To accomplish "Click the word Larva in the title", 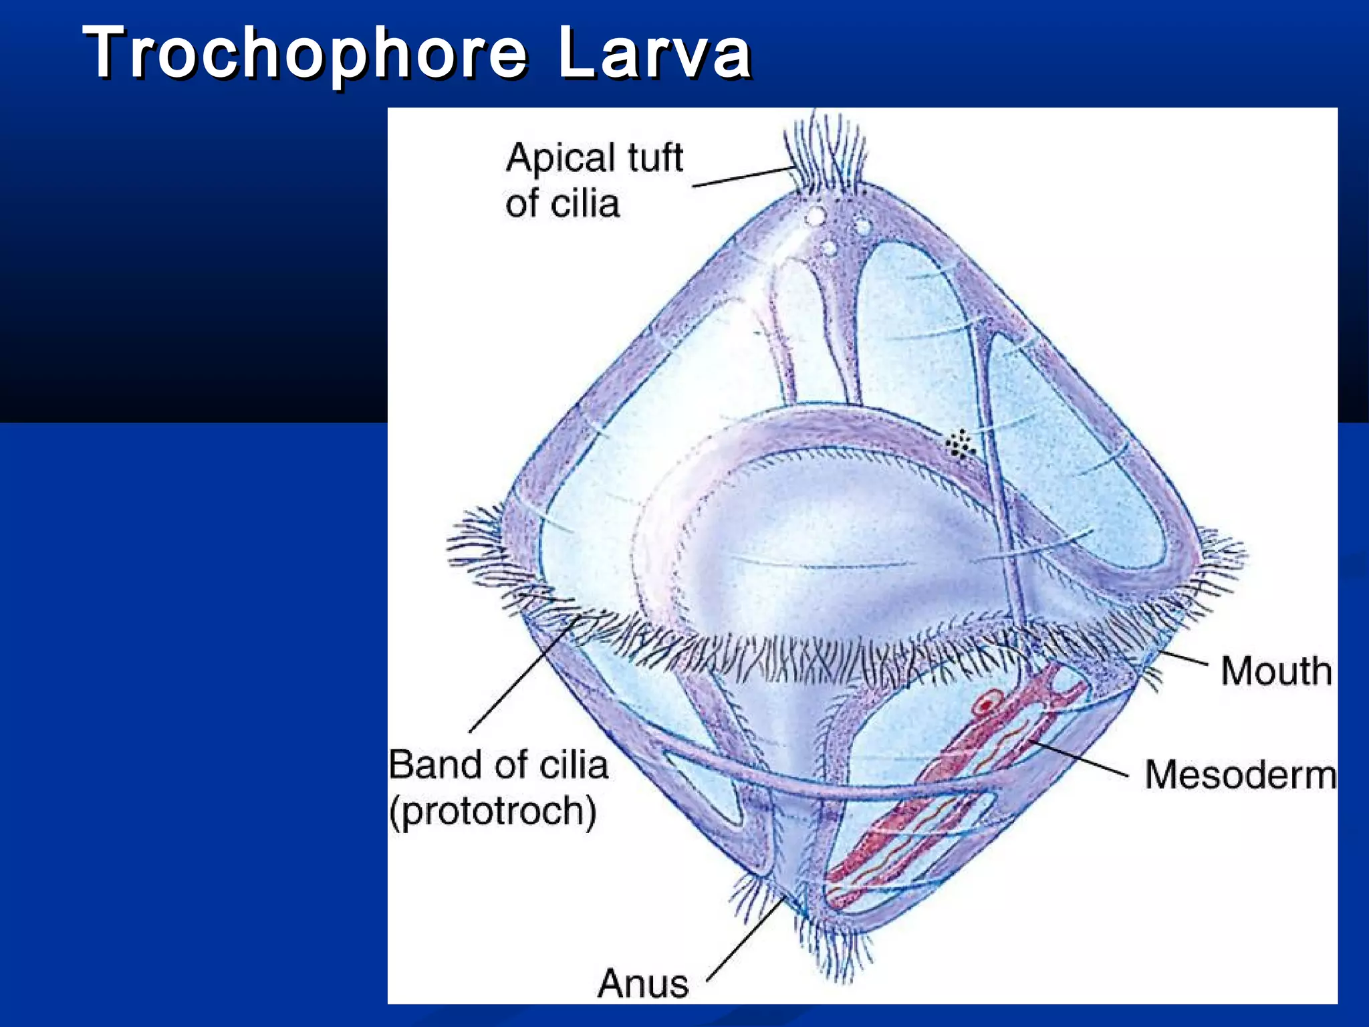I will pos(654,53).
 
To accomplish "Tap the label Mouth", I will pos(1276,671).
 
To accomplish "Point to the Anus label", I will pos(643,984).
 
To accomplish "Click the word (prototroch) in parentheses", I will pos(493,811).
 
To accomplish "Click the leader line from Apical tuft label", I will pos(742,177).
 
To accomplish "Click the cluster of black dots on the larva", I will pos(960,444).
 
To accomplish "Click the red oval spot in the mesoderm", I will pos(985,705).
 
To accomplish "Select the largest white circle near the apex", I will pos(815,217).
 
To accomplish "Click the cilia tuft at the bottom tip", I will pos(832,949).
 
